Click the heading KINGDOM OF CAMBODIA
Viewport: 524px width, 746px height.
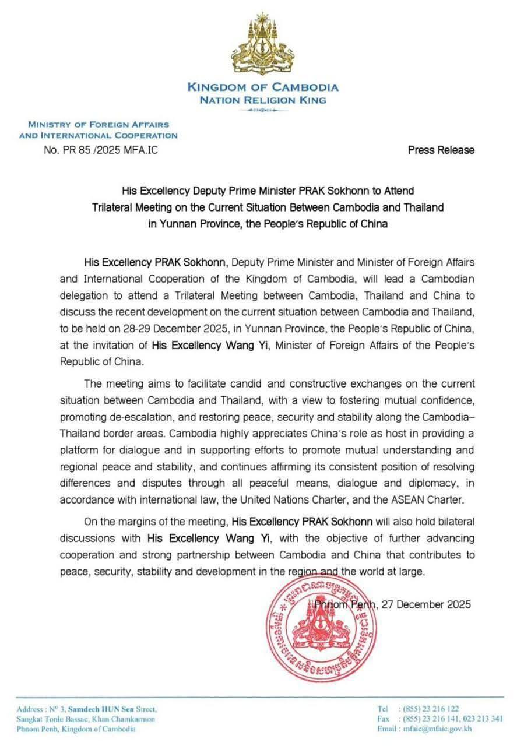pos(262,87)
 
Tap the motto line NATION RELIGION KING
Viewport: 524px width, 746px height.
pos(262,100)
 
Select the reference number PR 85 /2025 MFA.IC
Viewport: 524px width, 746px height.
pos(100,150)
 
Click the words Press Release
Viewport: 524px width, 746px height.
pos(441,150)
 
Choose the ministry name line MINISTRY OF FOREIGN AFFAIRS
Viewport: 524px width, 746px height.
pos(99,124)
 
